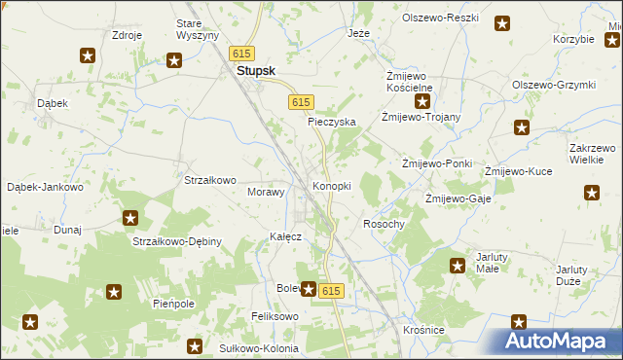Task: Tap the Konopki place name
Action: pos(331,185)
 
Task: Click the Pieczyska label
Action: pos(332,122)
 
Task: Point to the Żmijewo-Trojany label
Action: pos(421,117)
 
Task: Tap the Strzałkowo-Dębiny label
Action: pos(177,240)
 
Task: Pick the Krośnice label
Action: pos(423,330)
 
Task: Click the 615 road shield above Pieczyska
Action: pos(301,102)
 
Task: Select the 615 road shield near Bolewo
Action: pos(331,291)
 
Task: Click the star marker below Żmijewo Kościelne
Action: pos(423,101)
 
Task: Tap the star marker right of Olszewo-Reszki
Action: pos(502,24)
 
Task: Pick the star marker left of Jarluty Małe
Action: pos(458,265)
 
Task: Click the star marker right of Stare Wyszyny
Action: pos(175,61)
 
